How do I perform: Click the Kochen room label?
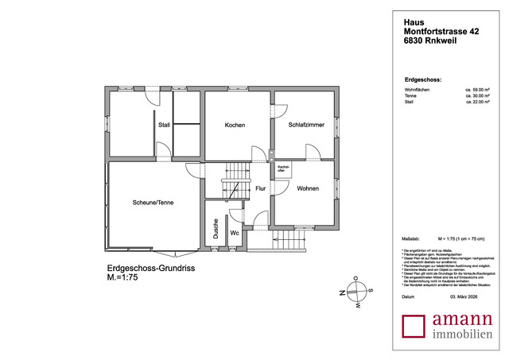[x=234, y=126]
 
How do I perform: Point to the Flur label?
[x=260, y=189]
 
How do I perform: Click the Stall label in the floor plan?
[x=164, y=125]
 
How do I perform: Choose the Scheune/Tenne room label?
[x=153, y=203]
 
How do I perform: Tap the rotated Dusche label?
[x=216, y=230]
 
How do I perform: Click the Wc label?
[x=235, y=233]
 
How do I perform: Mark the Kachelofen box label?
[x=282, y=169]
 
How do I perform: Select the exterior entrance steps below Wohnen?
[x=290, y=240]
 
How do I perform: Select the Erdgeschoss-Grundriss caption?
[x=150, y=269]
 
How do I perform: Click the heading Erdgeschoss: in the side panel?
[x=423, y=80]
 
